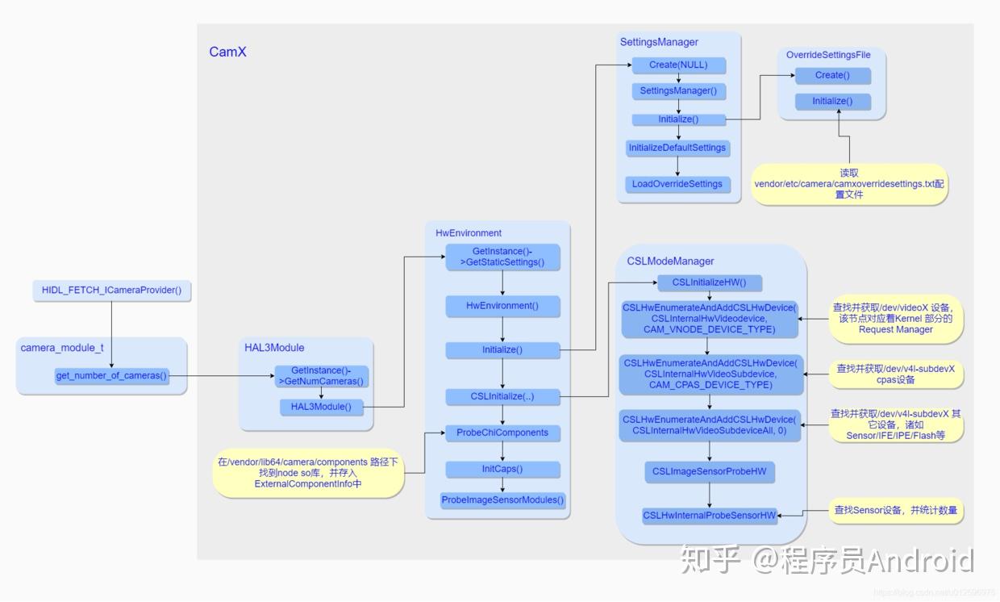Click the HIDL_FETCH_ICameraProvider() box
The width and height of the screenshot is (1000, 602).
(112, 290)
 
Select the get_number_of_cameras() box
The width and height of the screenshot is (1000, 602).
(112, 376)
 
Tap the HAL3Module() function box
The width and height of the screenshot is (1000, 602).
(321, 407)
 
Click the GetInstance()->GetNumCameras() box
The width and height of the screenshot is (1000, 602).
(321, 376)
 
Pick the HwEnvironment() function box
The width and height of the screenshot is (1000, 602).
(502, 306)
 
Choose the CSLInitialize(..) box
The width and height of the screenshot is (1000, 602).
(502, 396)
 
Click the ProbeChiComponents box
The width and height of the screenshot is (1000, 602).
(502, 433)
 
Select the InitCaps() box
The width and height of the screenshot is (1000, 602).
(502, 469)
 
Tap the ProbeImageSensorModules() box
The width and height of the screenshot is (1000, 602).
(502, 500)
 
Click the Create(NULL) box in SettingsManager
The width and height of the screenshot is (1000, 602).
(677, 65)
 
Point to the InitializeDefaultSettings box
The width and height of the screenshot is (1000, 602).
(677, 148)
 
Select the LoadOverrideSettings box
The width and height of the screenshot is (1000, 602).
(677, 184)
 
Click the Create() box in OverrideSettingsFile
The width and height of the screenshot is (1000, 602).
(832, 75)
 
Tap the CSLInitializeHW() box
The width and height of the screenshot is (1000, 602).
(709, 283)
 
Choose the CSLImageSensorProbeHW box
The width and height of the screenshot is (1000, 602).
(710, 472)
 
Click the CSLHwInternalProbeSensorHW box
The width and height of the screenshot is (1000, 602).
(710, 516)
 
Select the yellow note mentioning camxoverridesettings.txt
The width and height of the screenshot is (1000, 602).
(849, 184)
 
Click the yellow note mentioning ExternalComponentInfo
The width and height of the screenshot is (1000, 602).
(307, 473)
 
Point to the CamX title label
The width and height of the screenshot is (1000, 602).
(227, 52)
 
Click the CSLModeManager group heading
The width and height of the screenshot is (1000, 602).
(670, 261)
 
